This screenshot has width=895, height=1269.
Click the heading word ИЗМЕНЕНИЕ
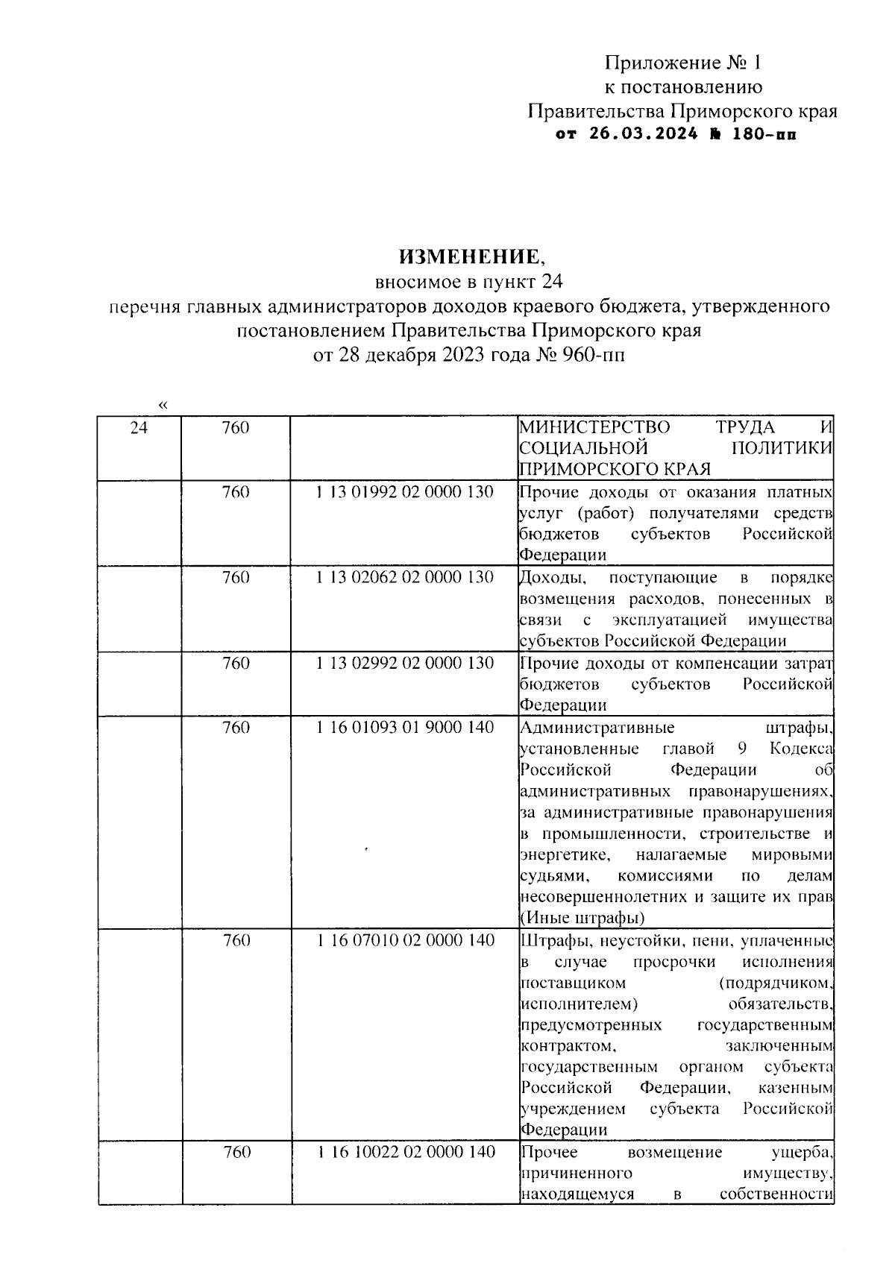pos(471,257)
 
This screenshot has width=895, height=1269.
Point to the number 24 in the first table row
pos(139,428)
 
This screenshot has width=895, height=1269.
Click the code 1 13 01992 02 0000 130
pos(405,493)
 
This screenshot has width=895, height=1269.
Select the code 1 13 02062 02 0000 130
pos(405,578)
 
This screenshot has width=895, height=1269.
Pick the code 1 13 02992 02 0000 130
pos(405,663)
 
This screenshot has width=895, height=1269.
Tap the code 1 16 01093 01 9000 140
pos(405,728)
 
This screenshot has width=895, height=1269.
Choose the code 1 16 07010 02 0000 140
pos(405,941)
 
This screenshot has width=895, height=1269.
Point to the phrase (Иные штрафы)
pos(582,917)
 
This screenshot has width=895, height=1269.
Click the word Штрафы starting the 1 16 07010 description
pos(550,941)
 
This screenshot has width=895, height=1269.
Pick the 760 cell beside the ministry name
pos(236,428)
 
